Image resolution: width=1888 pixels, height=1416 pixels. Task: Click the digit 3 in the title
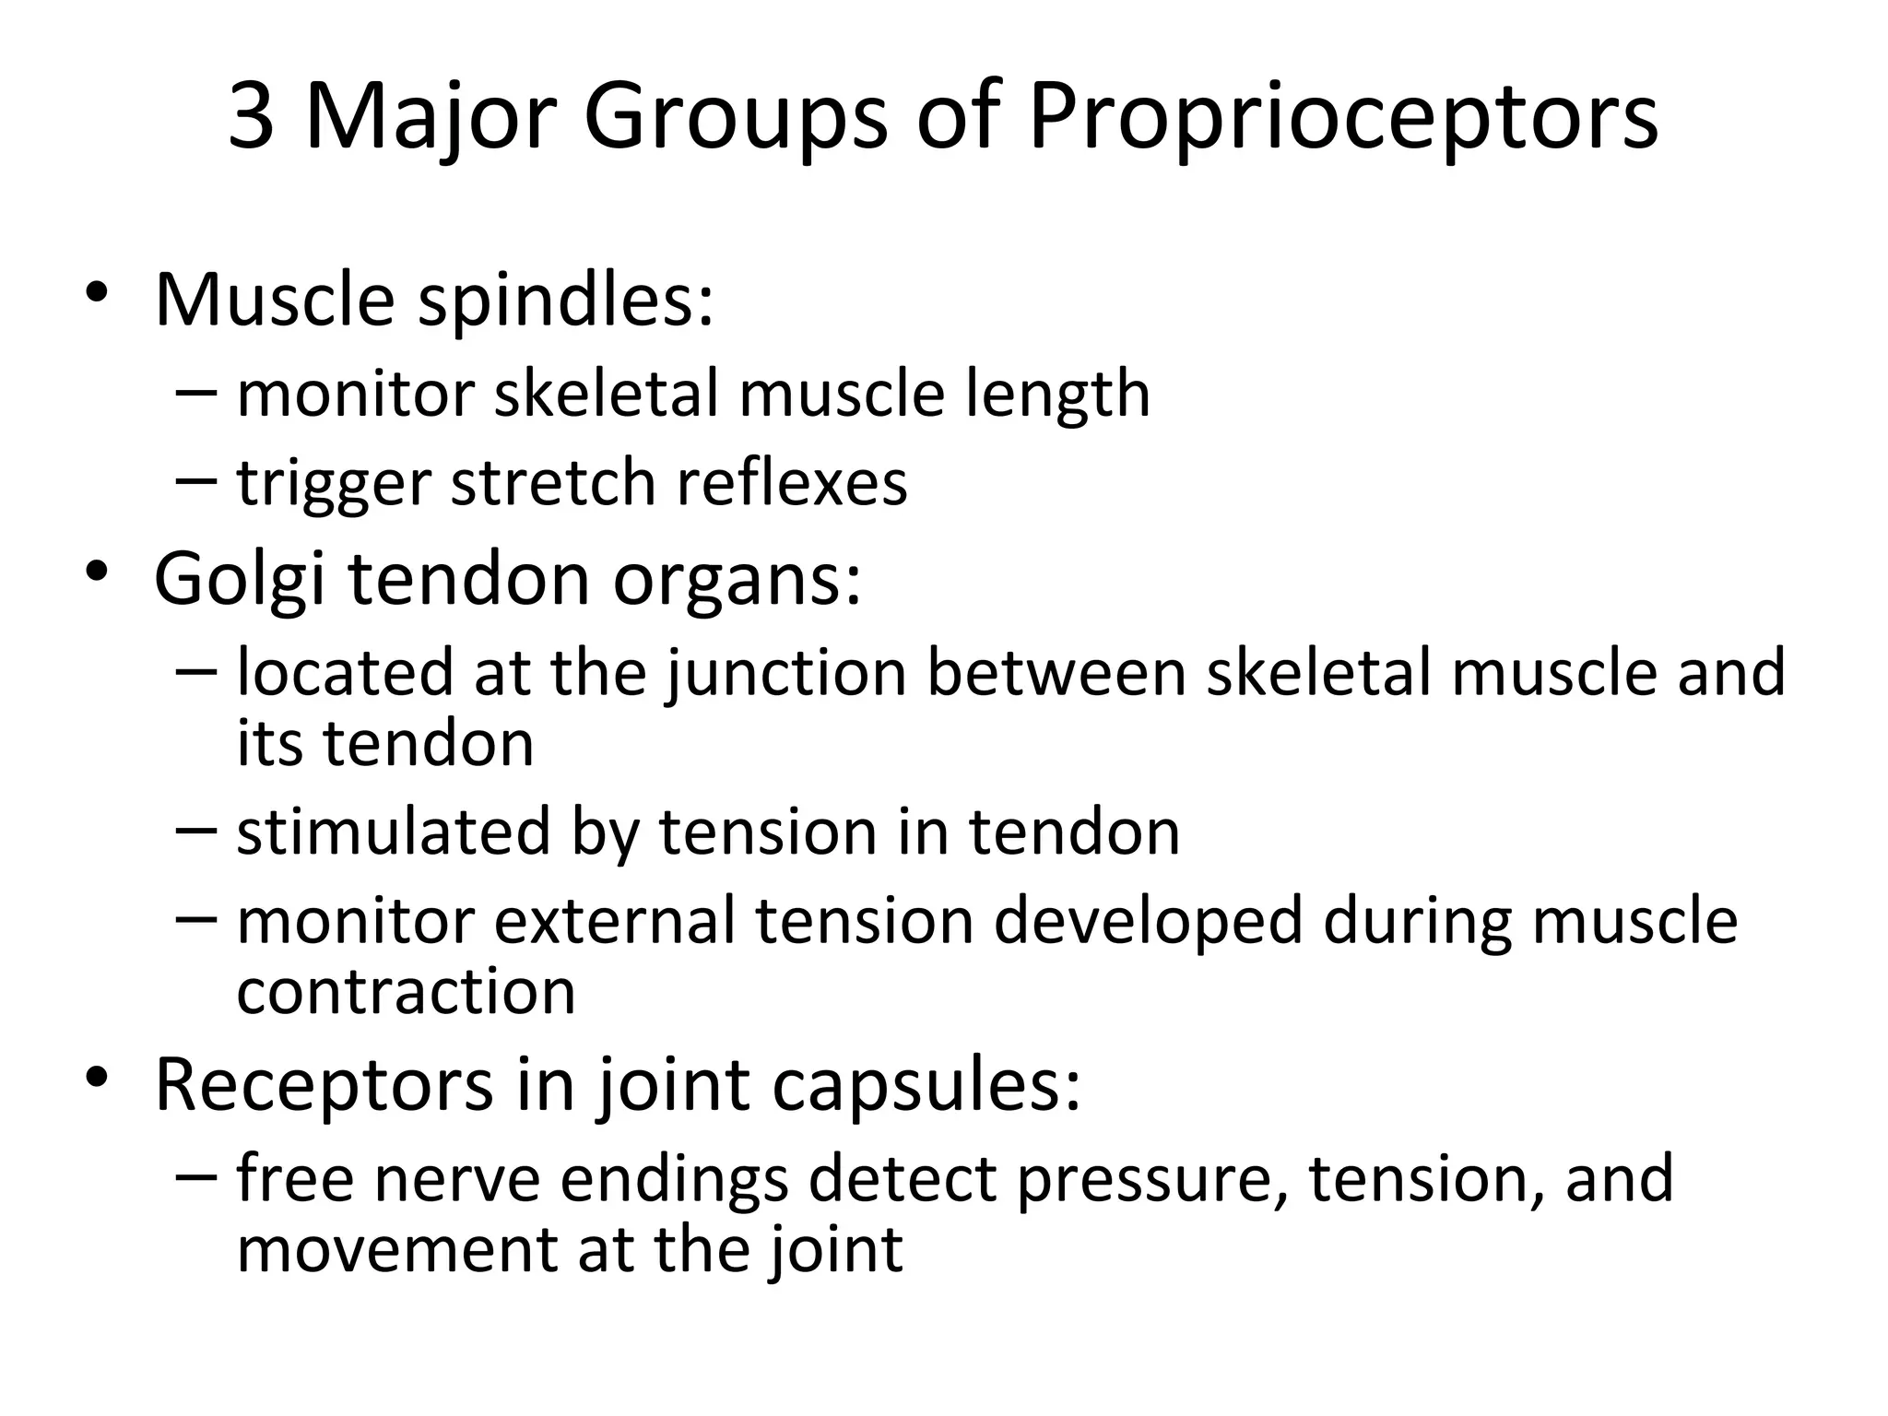coord(252,117)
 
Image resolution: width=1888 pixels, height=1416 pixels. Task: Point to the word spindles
coord(566,301)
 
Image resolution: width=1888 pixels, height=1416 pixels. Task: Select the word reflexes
coord(792,482)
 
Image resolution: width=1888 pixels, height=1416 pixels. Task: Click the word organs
coord(738,583)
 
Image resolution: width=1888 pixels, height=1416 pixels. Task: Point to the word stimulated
coord(393,832)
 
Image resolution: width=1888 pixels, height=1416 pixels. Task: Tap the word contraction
coord(407,992)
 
